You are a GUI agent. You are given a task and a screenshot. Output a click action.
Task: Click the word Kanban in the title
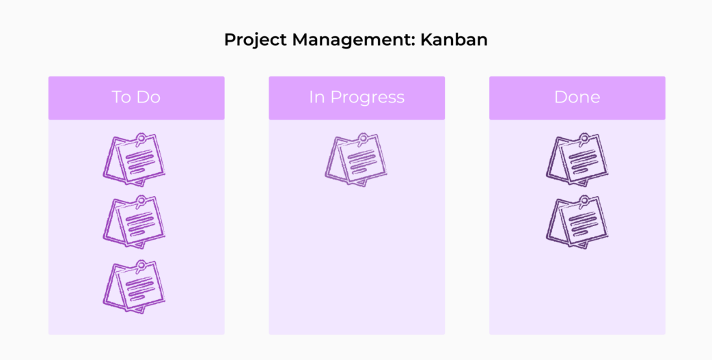454,40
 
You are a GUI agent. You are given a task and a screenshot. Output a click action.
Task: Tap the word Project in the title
256,40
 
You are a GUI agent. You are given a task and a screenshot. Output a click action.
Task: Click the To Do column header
136,97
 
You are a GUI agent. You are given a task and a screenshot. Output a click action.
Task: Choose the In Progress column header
357,97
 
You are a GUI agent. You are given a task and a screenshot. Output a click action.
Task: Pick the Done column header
577,97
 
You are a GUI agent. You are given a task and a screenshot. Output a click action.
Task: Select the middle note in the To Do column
135,222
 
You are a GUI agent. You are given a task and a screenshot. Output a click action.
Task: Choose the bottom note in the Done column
577,222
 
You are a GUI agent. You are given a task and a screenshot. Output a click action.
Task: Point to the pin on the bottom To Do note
141,265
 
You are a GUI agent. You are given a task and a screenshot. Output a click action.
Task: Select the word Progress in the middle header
367,98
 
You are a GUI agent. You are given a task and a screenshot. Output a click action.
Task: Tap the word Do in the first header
148,97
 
